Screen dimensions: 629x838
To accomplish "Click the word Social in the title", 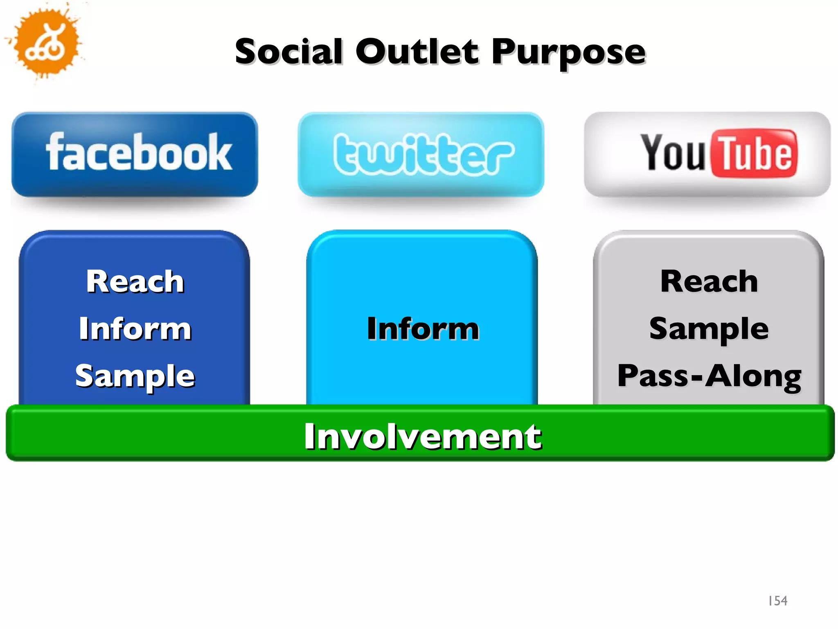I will [288, 52].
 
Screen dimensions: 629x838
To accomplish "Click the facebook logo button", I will [135, 154].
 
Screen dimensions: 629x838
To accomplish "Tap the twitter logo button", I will [421, 154].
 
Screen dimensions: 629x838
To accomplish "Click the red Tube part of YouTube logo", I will [754, 154].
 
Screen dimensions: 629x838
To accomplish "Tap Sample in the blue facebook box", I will [135, 376].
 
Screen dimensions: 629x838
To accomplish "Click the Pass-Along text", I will [709, 376].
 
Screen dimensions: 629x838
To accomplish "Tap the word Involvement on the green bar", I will [423, 437].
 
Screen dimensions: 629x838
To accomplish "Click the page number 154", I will [777, 601].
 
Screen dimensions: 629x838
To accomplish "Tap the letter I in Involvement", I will [310, 437].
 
